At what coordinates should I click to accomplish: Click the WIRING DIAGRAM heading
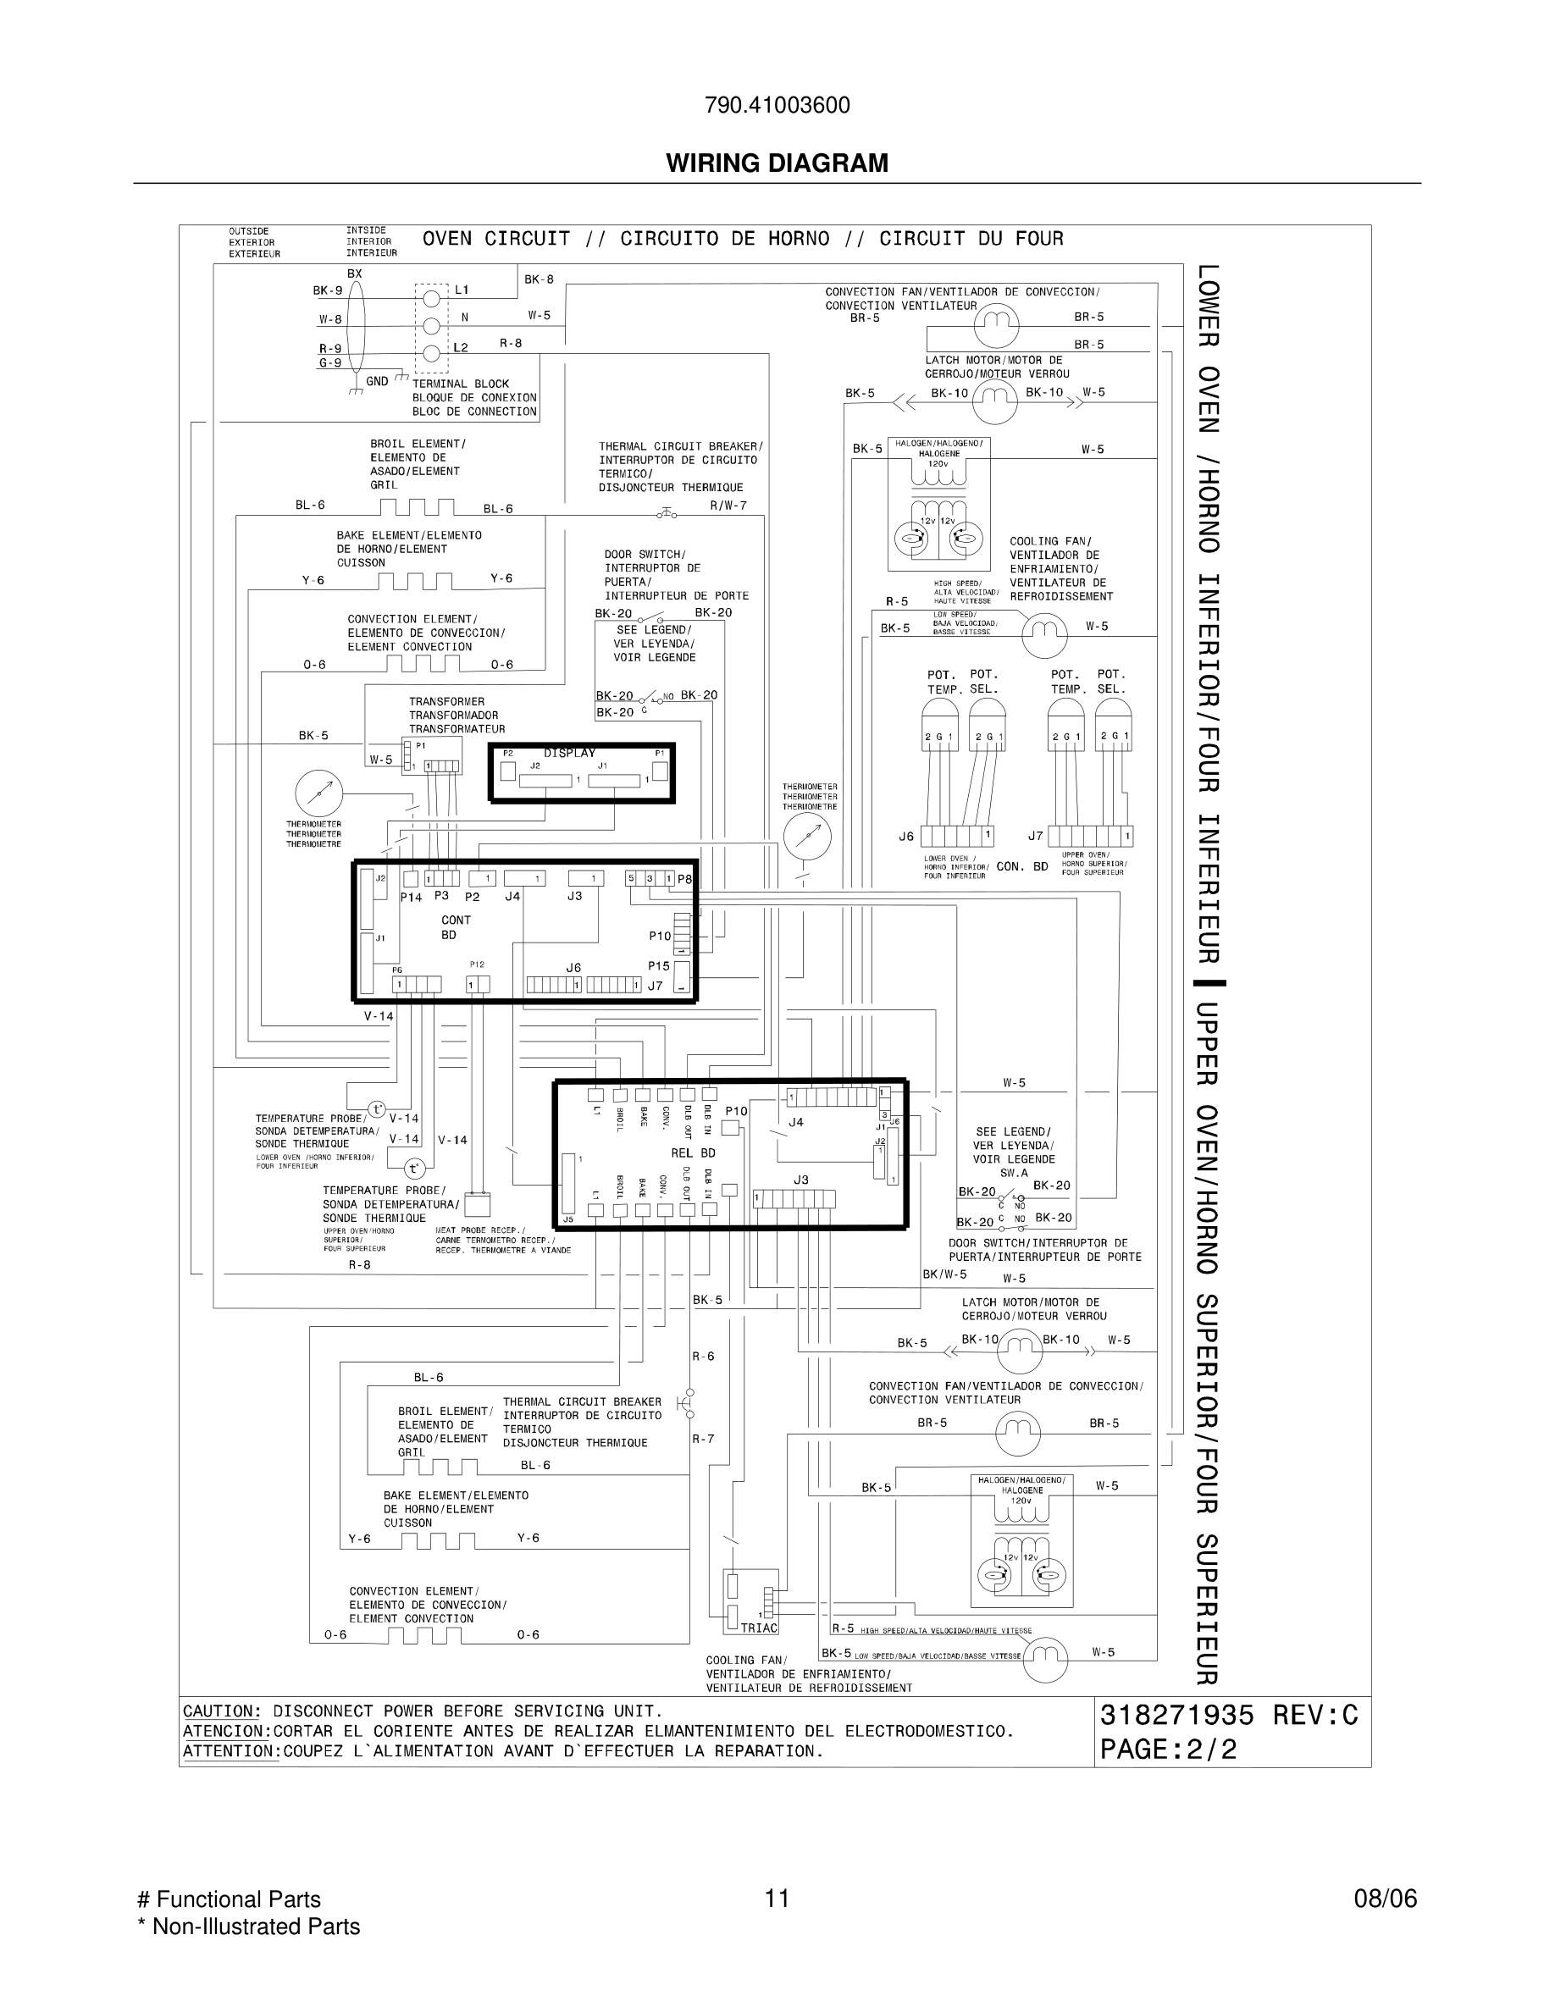click(x=777, y=163)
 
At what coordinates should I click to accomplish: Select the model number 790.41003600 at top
click(x=777, y=105)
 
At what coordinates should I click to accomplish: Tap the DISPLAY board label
click(x=568, y=753)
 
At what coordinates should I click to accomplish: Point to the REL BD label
click(x=693, y=1152)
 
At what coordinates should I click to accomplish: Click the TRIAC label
click(x=759, y=1628)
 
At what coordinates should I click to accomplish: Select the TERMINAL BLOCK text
click(x=461, y=384)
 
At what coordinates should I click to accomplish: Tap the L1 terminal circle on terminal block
click(x=431, y=297)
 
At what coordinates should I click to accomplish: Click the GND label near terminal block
click(x=377, y=380)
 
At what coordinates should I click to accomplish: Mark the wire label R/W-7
click(x=728, y=505)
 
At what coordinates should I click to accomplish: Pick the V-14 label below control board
click(x=378, y=1016)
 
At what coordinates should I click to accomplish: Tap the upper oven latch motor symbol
click(x=1019, y=1350)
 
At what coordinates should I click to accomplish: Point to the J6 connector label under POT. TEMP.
click(x=906, y=837)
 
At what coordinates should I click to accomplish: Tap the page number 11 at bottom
click(x=777, y=1898)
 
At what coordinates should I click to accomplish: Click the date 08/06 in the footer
click(x=1385, y=1899)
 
